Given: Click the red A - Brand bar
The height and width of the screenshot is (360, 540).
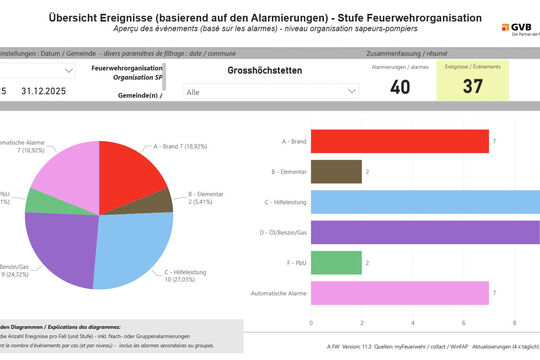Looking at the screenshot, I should coord(400,141).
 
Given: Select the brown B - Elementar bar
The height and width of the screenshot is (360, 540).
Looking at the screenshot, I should coord(336,171).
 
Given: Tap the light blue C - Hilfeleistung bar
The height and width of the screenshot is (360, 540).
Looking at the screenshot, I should coord(425,202).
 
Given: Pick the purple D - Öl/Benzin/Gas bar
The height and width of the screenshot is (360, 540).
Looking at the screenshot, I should coord(425,232).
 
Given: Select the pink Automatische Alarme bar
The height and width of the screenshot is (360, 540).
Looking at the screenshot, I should coord(400,293).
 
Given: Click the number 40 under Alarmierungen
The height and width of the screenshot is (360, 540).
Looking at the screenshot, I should coord(400,87).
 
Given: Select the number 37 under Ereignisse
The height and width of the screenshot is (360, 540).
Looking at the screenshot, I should coord(472,87).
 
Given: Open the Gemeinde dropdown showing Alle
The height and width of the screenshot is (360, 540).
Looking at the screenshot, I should coord(271,91).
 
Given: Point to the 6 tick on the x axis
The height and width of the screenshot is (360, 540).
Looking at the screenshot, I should coord(463,323).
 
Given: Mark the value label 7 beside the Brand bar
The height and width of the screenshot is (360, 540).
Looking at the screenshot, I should coord(494,141).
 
